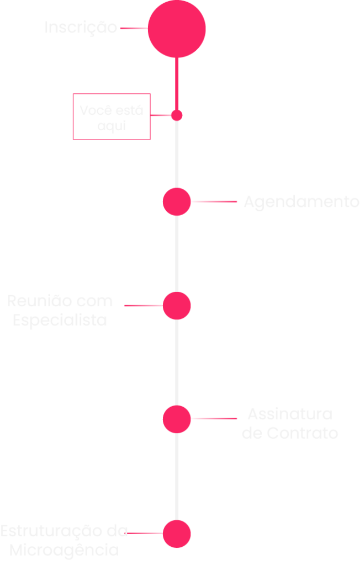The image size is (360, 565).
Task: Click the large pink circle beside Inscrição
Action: tap(177, 29)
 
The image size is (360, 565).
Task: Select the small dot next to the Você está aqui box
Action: tap(177, 115)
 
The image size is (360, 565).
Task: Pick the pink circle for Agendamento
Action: tap(177, 201)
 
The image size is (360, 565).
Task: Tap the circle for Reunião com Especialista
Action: tap(177, 305)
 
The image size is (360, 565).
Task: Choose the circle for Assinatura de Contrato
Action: tap(177, 419)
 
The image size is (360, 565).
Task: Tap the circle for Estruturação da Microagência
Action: tap(177, 534)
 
